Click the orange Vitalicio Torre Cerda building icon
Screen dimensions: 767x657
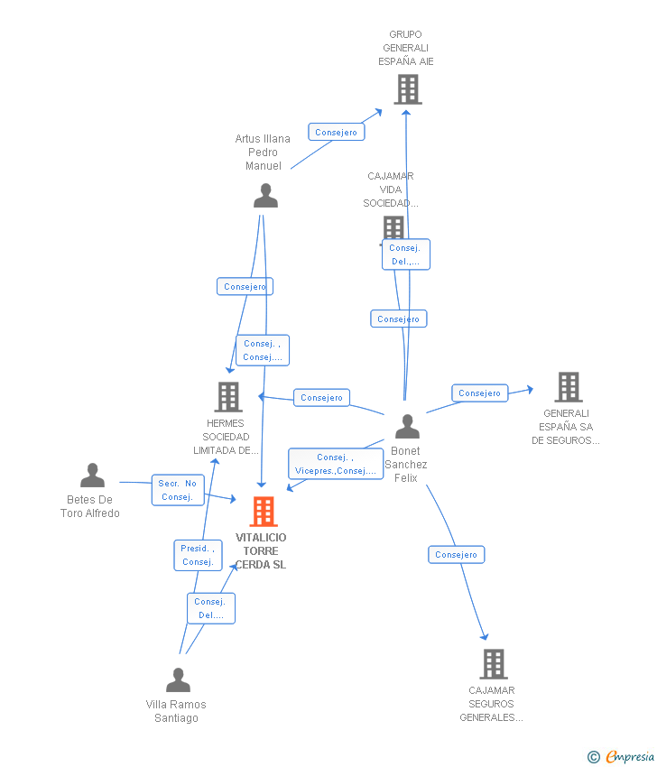point(263,512)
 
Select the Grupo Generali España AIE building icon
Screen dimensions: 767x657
point(408,89)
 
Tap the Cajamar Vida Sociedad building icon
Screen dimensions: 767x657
point(393,226)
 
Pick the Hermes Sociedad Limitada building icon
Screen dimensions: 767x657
point(228,396)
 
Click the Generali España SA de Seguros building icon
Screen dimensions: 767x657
point(568,387)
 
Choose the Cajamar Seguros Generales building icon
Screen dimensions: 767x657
point(493,664)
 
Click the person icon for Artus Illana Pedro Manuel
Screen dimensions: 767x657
point(265,196)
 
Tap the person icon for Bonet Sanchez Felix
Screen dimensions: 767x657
point(407,426)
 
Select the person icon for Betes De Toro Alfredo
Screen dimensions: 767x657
point(92,476)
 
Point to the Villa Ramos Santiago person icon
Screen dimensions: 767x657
point(178,679)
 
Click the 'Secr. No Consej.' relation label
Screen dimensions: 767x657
point(178,490)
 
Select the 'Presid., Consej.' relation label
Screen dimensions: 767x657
point(198,555)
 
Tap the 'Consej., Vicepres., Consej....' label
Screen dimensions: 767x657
point(336,464)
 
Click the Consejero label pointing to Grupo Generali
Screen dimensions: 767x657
point(337,132)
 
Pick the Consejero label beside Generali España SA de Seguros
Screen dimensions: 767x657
point(479,393)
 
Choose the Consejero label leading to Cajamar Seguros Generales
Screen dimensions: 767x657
point(456,554)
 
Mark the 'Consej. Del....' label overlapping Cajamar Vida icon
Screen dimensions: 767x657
point(405,254)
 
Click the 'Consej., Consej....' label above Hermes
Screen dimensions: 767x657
point(263,350)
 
